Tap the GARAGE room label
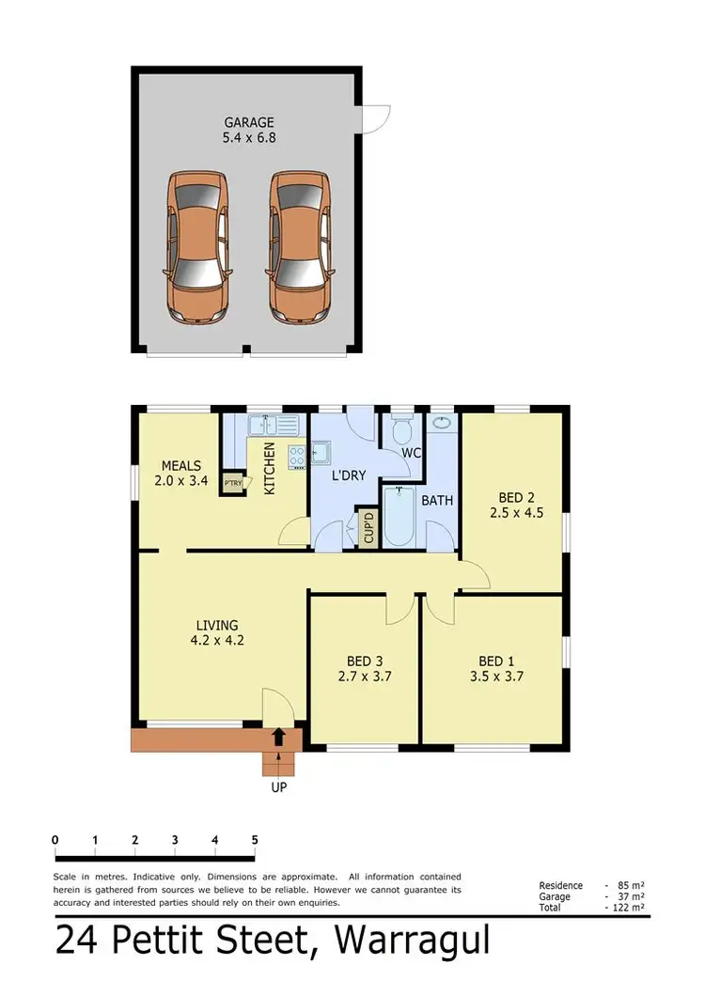[x=249, y=122]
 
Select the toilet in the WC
[x=401, y=432]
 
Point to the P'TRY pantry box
[x=231, y=484]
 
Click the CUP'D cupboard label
[x=367, y=528]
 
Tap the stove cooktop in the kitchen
[x=298, y=457]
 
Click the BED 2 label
[x=516, y=497]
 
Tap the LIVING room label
[x=216, y=625]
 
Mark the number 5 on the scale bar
[x=255, y=840]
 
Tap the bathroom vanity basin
[x=440, y=425]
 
